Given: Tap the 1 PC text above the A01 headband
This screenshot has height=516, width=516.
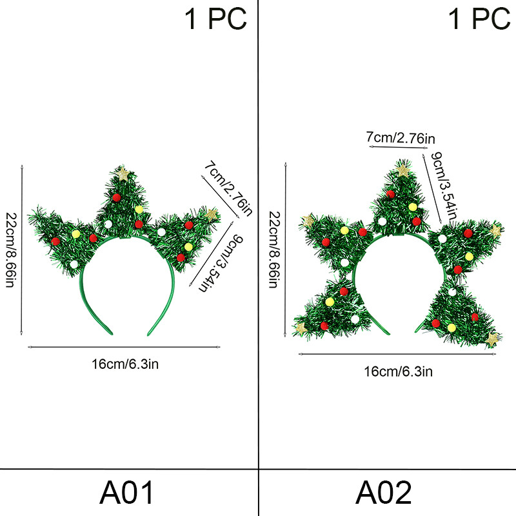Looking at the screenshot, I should click(216, 19).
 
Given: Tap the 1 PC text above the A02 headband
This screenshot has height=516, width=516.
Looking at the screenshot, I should click(479, 19).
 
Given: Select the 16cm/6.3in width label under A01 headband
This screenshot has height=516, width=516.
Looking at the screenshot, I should click(124, 364).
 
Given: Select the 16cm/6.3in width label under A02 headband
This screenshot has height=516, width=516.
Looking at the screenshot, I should click(398, 371).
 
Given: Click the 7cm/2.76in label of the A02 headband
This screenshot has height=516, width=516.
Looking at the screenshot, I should click(401, 137).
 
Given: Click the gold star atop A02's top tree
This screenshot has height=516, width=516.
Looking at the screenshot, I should click(404, 171).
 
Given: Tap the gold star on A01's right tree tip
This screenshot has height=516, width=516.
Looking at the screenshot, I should click(212, 213).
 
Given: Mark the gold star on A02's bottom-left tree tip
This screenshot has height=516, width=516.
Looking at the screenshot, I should click(301, 328).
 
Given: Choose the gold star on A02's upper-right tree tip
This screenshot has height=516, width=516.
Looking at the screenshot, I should click(495, 230).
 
